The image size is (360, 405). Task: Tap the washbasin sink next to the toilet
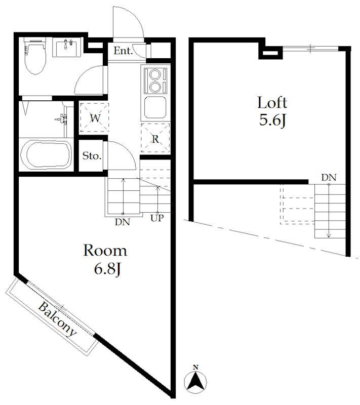point(67,47)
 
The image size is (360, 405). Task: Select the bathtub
point(46,154)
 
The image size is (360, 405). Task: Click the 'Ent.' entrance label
point(123,51)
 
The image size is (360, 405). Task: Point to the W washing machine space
point(95,118)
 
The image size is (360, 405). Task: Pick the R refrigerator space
point(155,138)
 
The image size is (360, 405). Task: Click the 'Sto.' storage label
point(92,156)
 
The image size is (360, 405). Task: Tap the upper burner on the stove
point(155,74)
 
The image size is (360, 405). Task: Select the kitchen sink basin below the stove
point(155,107)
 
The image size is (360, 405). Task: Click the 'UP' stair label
point(157,218)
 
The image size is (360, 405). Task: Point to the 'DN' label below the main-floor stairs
point(123,222)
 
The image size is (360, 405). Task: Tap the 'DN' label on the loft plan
point(329,178)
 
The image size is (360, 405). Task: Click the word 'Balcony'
point(57,320)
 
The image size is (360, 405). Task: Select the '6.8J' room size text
point(107,269)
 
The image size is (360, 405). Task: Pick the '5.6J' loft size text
point(272,120)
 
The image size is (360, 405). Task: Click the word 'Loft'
point(272,103)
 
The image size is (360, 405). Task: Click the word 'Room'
point(105,251)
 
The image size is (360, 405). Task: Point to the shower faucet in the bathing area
point(61,119)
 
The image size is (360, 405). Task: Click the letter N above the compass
point(196,367)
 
